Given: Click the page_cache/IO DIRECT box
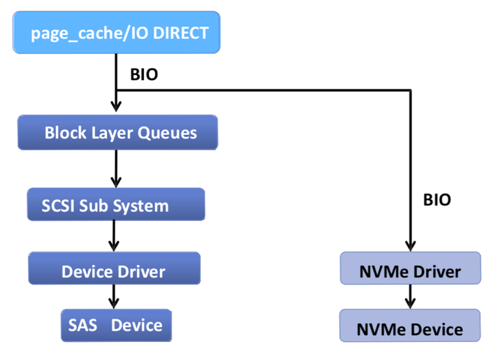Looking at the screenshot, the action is tap(116, 32).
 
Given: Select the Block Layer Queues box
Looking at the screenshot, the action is tap(117, 133).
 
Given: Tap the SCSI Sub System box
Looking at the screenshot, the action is tap(116, 204).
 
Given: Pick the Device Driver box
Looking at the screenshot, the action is tap(115, 268).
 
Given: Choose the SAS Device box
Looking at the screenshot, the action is tap(116, 325).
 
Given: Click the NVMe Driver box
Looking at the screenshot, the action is tap(410, 268).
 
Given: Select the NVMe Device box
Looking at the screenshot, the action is tap(410, 325).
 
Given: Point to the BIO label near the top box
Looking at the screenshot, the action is tap(144, 75).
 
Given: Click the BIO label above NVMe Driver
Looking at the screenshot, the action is tap(437, 200).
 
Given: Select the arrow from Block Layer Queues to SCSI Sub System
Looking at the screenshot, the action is tap(116, 168).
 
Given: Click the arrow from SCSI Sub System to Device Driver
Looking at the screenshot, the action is tap(114, 236).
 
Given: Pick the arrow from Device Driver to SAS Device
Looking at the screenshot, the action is tap(114, 297).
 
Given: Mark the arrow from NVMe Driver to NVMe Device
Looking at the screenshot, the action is tap(410, 297).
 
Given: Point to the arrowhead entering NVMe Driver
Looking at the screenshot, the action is tap(411, 246).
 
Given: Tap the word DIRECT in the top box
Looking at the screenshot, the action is tap(181, 33).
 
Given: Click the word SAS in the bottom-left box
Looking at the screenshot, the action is tap(82, 325).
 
